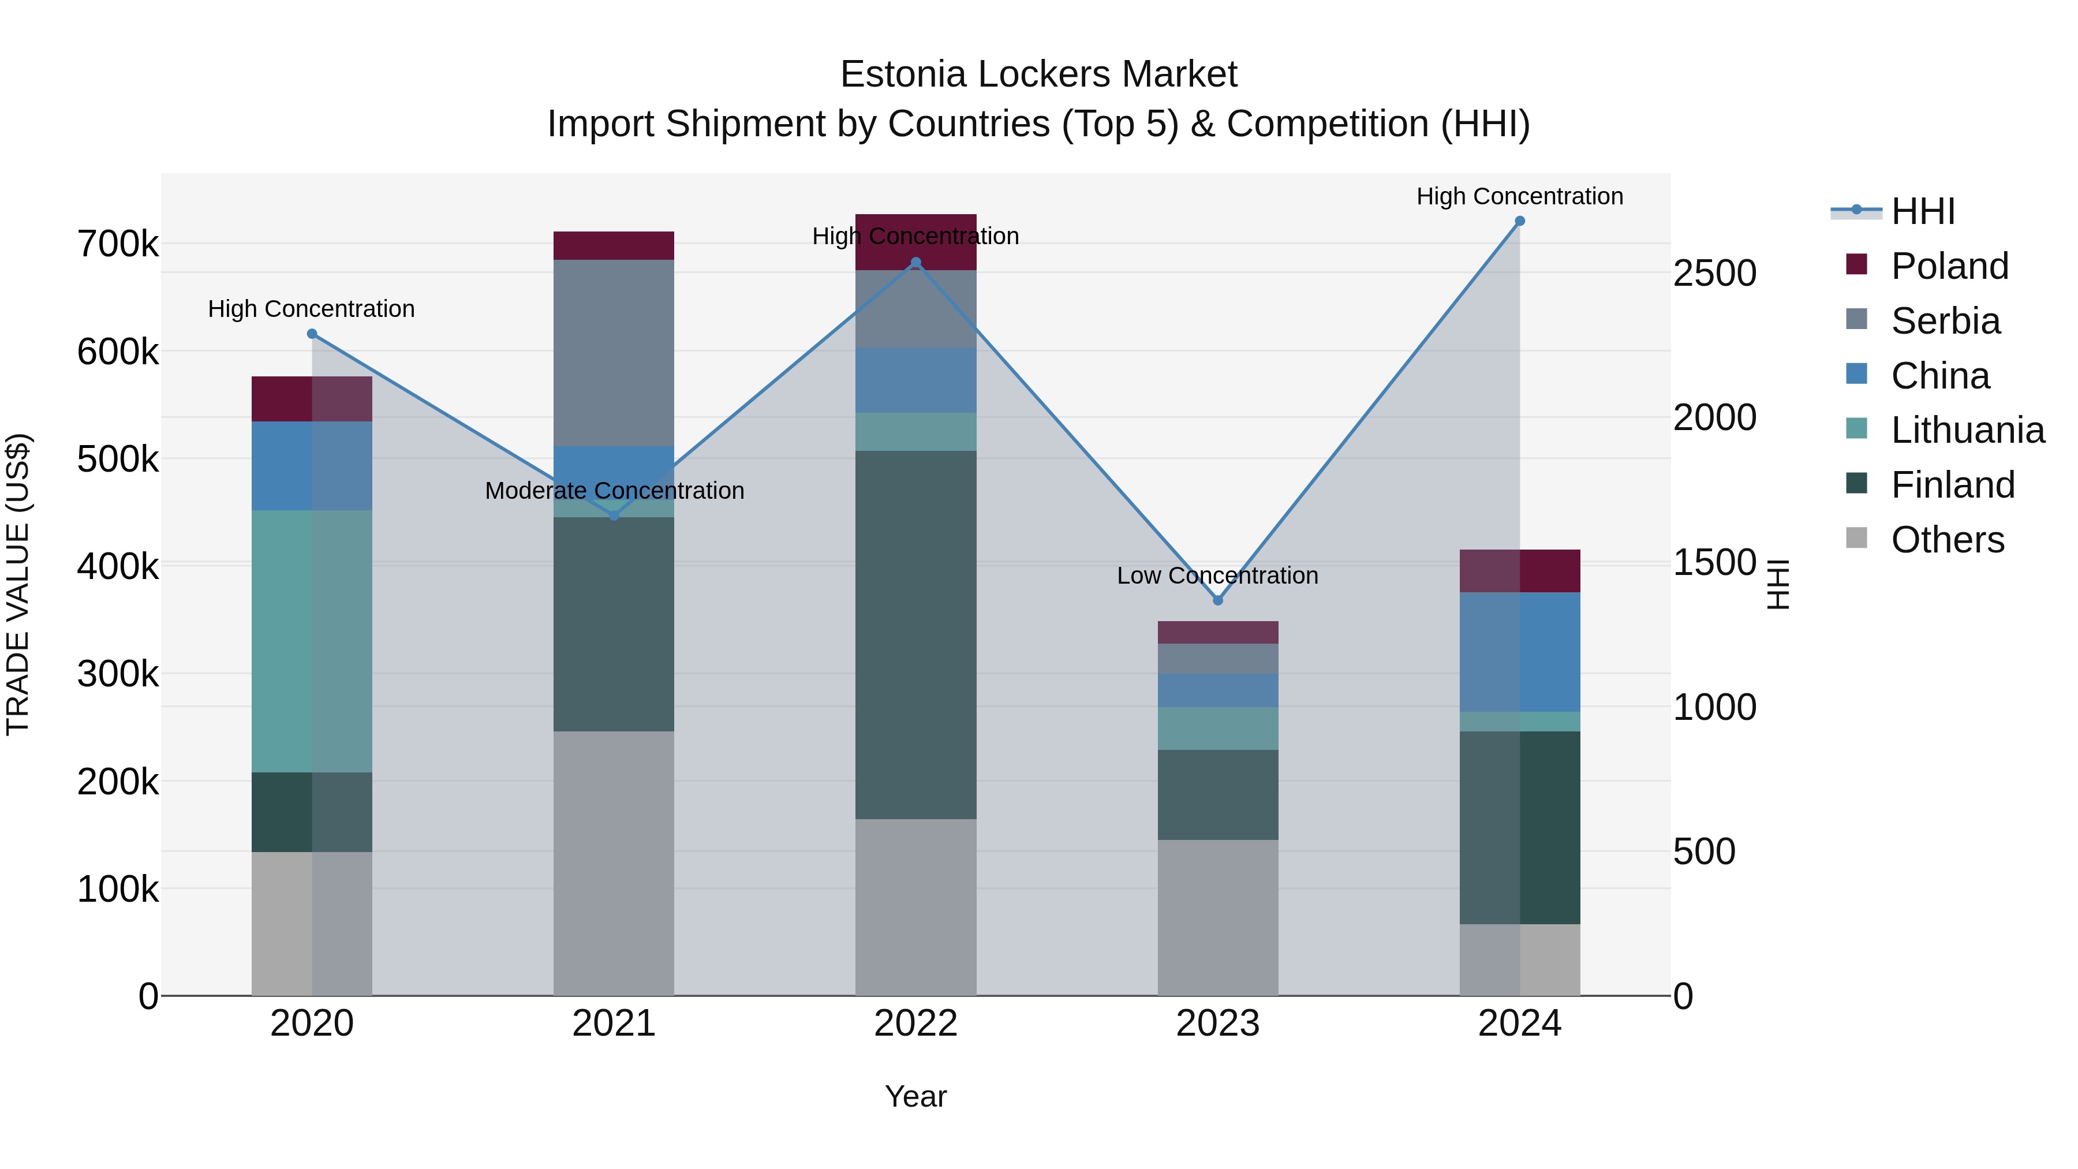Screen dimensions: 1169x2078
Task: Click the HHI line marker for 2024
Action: [1520, 221]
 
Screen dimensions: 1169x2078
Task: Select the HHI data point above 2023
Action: [1218, 600]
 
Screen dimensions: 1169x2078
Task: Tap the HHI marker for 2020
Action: [312, 334]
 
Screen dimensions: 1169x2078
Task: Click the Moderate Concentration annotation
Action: [614, 491]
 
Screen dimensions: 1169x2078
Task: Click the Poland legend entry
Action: [1949, 266]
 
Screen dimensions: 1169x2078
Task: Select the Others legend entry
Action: [1948, 540]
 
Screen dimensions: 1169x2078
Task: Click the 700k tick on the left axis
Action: [118, 244]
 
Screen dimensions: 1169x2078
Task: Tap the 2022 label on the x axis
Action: [915, 1024]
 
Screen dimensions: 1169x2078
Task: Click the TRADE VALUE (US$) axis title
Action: [18, 584]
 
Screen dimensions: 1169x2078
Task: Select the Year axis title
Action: [915, 1096]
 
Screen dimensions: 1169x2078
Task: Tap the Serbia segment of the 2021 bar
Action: [614, 353]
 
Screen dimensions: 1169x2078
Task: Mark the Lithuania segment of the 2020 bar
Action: [312, 641]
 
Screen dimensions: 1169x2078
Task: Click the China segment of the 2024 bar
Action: [1520, 652]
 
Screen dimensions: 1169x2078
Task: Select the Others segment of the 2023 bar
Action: [1218, 917]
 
